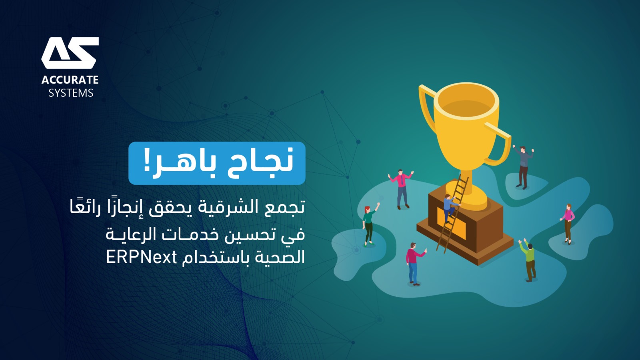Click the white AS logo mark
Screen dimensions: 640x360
click(70, 53)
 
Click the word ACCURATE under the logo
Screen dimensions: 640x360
click(70, 80)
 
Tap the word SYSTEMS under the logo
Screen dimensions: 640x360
click(71, 93)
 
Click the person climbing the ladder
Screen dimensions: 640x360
click(450, 208)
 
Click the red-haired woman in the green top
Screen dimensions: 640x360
click(370, 224)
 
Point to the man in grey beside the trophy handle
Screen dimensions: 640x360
click(524, 167)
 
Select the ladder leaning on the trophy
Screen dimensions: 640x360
click(452, 214)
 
